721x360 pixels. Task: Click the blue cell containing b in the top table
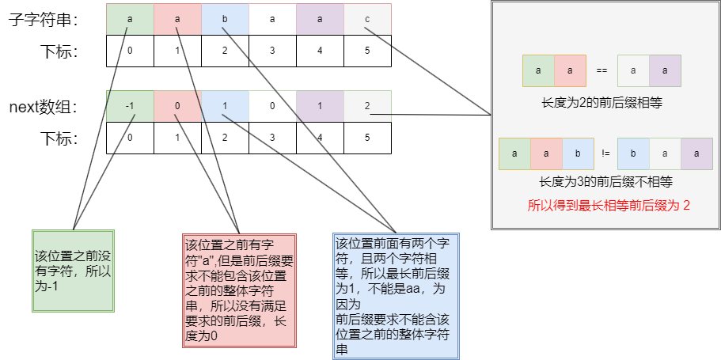point(225,20)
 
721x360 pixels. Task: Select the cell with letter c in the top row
point(367,20)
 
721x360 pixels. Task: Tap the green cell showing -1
point(130,106)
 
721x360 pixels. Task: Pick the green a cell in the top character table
point(130,20)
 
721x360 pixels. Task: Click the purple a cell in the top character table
point(320,20)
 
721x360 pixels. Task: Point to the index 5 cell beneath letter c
point(367,51)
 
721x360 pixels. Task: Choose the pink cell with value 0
point(177,106)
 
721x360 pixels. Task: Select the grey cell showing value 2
point(367,106)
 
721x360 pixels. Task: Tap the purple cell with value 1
point(320,106)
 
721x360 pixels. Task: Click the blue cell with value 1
point(225,106)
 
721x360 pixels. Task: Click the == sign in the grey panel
point(601,70)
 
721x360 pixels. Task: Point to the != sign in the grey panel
point(605,153)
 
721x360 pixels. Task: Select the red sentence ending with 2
point(609,206)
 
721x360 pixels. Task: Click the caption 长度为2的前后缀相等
point(601,103)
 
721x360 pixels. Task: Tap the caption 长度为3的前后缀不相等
point(605,182)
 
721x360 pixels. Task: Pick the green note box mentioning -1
point(73,270)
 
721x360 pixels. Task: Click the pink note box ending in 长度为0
point(239,290)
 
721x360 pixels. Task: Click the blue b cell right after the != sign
point(633,153)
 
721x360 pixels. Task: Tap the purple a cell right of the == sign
point(665,70)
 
